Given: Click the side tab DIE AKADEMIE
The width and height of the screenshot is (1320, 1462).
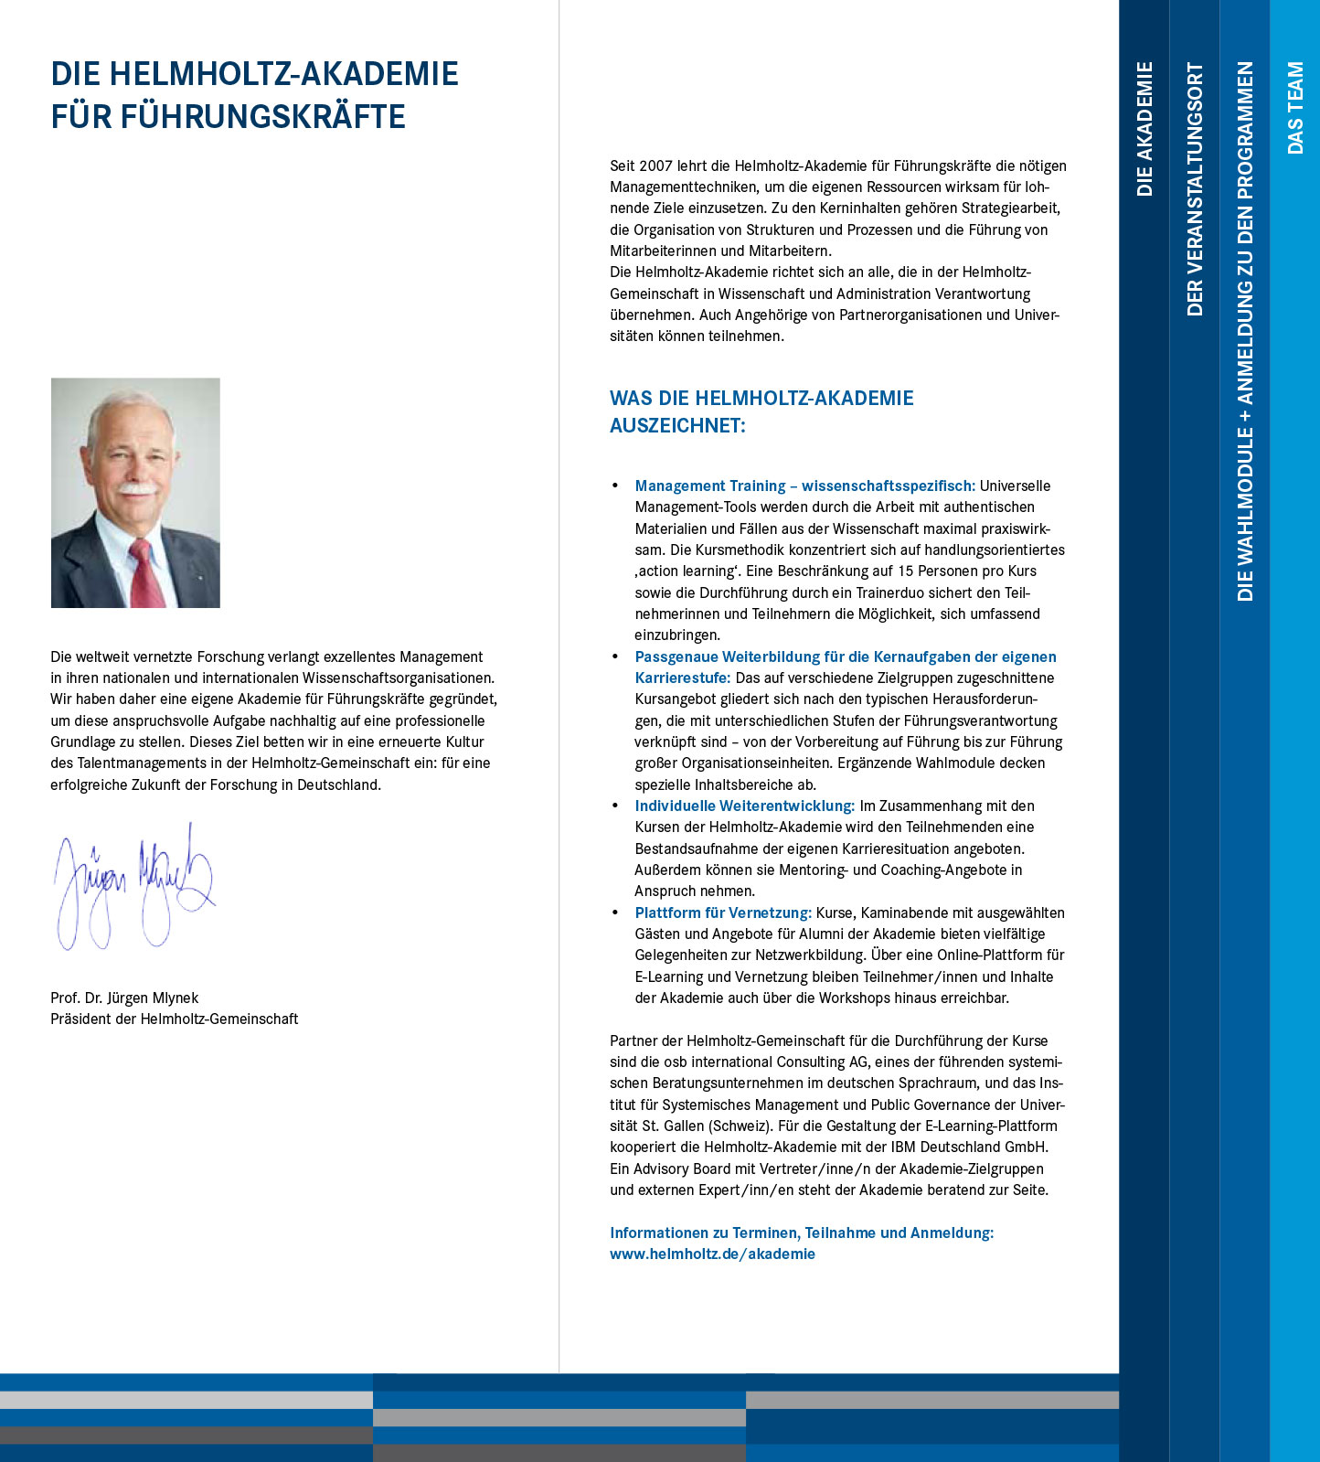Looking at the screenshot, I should pos(1144,128).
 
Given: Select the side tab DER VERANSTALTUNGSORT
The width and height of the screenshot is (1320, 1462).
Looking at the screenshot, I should pos(1195,188).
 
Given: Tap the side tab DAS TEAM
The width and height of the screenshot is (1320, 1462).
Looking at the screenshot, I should pos(1295,107).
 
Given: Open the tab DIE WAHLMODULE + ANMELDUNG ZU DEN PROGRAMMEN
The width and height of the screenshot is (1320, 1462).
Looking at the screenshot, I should pos(1245,331).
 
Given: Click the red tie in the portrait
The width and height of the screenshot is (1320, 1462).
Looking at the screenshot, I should pos(145,572).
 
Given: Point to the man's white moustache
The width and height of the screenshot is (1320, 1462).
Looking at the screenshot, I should pos(137,489).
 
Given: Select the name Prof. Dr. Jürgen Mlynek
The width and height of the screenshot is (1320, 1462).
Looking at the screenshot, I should pos(124,998).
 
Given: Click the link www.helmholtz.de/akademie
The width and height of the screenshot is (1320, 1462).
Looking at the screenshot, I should pos(712,1254).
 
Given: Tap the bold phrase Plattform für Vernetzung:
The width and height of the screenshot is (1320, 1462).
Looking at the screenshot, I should pos(723,912).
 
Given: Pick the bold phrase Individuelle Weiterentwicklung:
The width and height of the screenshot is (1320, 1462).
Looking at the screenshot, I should pos(744,806).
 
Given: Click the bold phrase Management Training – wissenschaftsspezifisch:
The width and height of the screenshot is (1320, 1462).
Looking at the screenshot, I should pos(804,486).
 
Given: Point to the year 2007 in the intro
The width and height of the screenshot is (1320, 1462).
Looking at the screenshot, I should pos(655,165).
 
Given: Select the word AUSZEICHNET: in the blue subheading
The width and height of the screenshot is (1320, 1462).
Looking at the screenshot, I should pos(677,425).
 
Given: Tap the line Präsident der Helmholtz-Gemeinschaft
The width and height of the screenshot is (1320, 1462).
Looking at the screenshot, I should pos(174,1019).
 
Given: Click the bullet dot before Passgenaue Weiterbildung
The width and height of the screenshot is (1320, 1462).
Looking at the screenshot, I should pos(615,656).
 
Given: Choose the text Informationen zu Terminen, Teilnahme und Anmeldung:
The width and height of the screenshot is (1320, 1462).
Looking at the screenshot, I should pos(801,1233).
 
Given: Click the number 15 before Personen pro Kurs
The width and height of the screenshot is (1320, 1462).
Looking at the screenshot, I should pos(906,571).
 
